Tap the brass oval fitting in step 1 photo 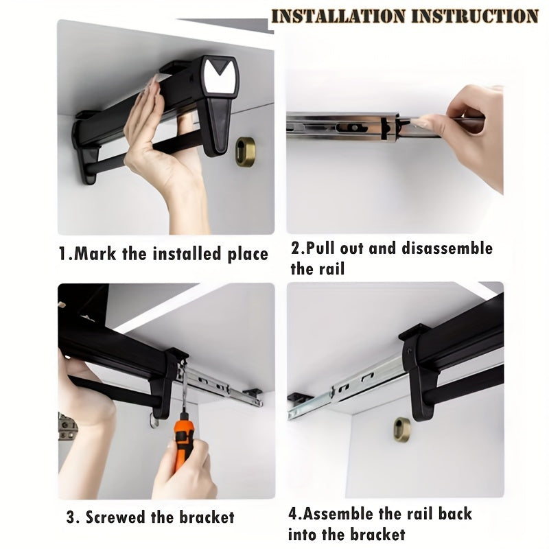coord(245,151)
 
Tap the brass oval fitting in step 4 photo coord(402,429)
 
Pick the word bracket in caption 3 coord(206,517)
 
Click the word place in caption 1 coord(246,255)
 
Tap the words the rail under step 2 coord(316,268)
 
